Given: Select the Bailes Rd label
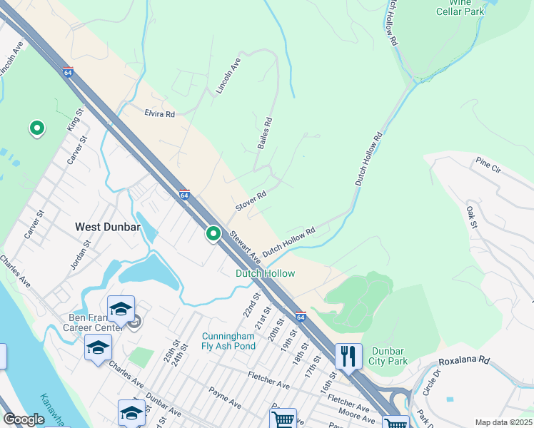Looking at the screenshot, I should (x=265, y=134).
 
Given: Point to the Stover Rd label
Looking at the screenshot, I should (x=251, y=200).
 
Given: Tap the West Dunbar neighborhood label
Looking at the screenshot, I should (x=107, y=227).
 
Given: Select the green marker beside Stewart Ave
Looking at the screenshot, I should (x=213, y=233).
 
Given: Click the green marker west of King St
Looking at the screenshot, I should (x=36, y=128).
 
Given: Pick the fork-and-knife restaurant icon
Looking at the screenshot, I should (x=348, y=355).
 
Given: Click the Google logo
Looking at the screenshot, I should (x=24, y=419).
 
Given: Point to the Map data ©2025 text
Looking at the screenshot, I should (x=503, y=422).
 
